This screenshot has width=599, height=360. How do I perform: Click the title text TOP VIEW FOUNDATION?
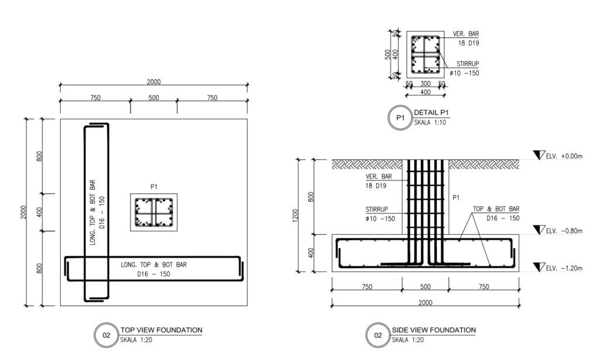[161, 330]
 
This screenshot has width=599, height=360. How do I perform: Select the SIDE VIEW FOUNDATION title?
[433, 330]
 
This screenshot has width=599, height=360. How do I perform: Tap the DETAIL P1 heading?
[431, 112]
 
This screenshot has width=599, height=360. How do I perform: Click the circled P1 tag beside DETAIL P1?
[400, 118]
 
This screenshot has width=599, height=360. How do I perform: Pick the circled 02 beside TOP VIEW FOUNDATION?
[106, 335]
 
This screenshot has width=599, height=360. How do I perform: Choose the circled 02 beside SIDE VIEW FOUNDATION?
[378, 335]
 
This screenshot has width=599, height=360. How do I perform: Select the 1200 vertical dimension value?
[295, 215]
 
